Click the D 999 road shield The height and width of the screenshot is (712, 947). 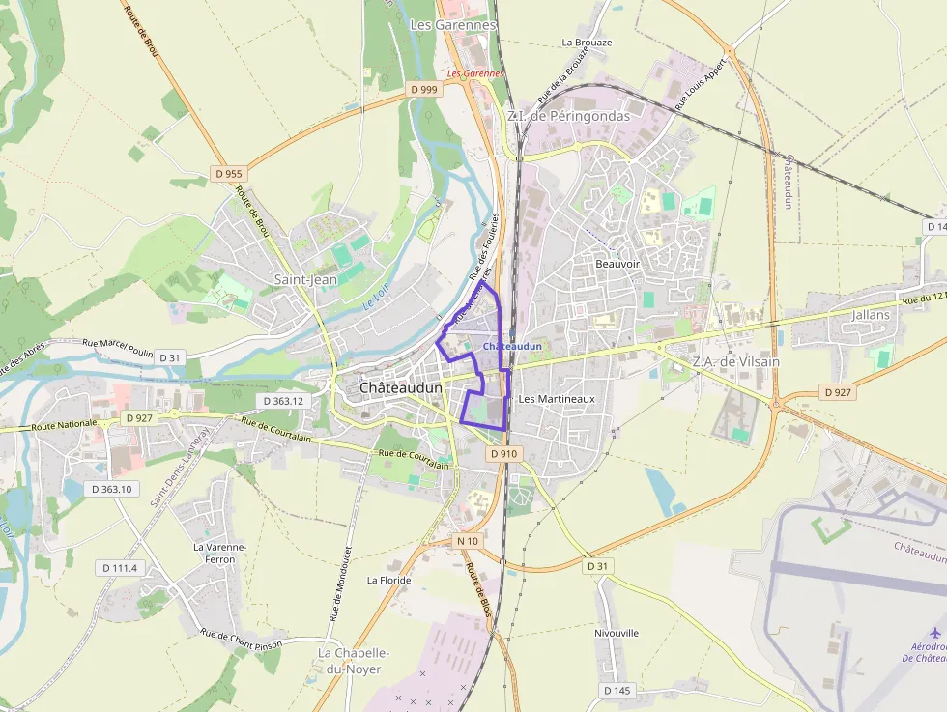click(423, 89)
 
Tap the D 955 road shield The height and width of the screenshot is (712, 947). click(229, 174)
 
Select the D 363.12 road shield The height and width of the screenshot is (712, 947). click(282, 400)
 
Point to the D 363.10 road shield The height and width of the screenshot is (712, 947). click(111, 489)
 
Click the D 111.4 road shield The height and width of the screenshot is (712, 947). click(120, 568)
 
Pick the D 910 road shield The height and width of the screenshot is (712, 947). click(503, 453)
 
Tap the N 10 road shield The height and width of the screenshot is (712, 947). click(468, 540)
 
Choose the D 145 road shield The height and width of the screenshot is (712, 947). click(617, 690)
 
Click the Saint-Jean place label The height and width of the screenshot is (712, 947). click(304, 279)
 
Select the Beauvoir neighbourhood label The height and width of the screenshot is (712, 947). click(618, 264)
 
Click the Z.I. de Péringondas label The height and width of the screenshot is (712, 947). click(567, 116)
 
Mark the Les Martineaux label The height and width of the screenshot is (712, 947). click(557, 398)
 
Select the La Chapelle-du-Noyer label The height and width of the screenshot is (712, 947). click(353, 661)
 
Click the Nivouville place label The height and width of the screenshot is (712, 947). click(617, 633)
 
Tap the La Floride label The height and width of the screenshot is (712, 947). click(388, 581)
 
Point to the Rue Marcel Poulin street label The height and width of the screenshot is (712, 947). click(118, 343)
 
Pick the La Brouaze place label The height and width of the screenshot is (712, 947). click(587, 43)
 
